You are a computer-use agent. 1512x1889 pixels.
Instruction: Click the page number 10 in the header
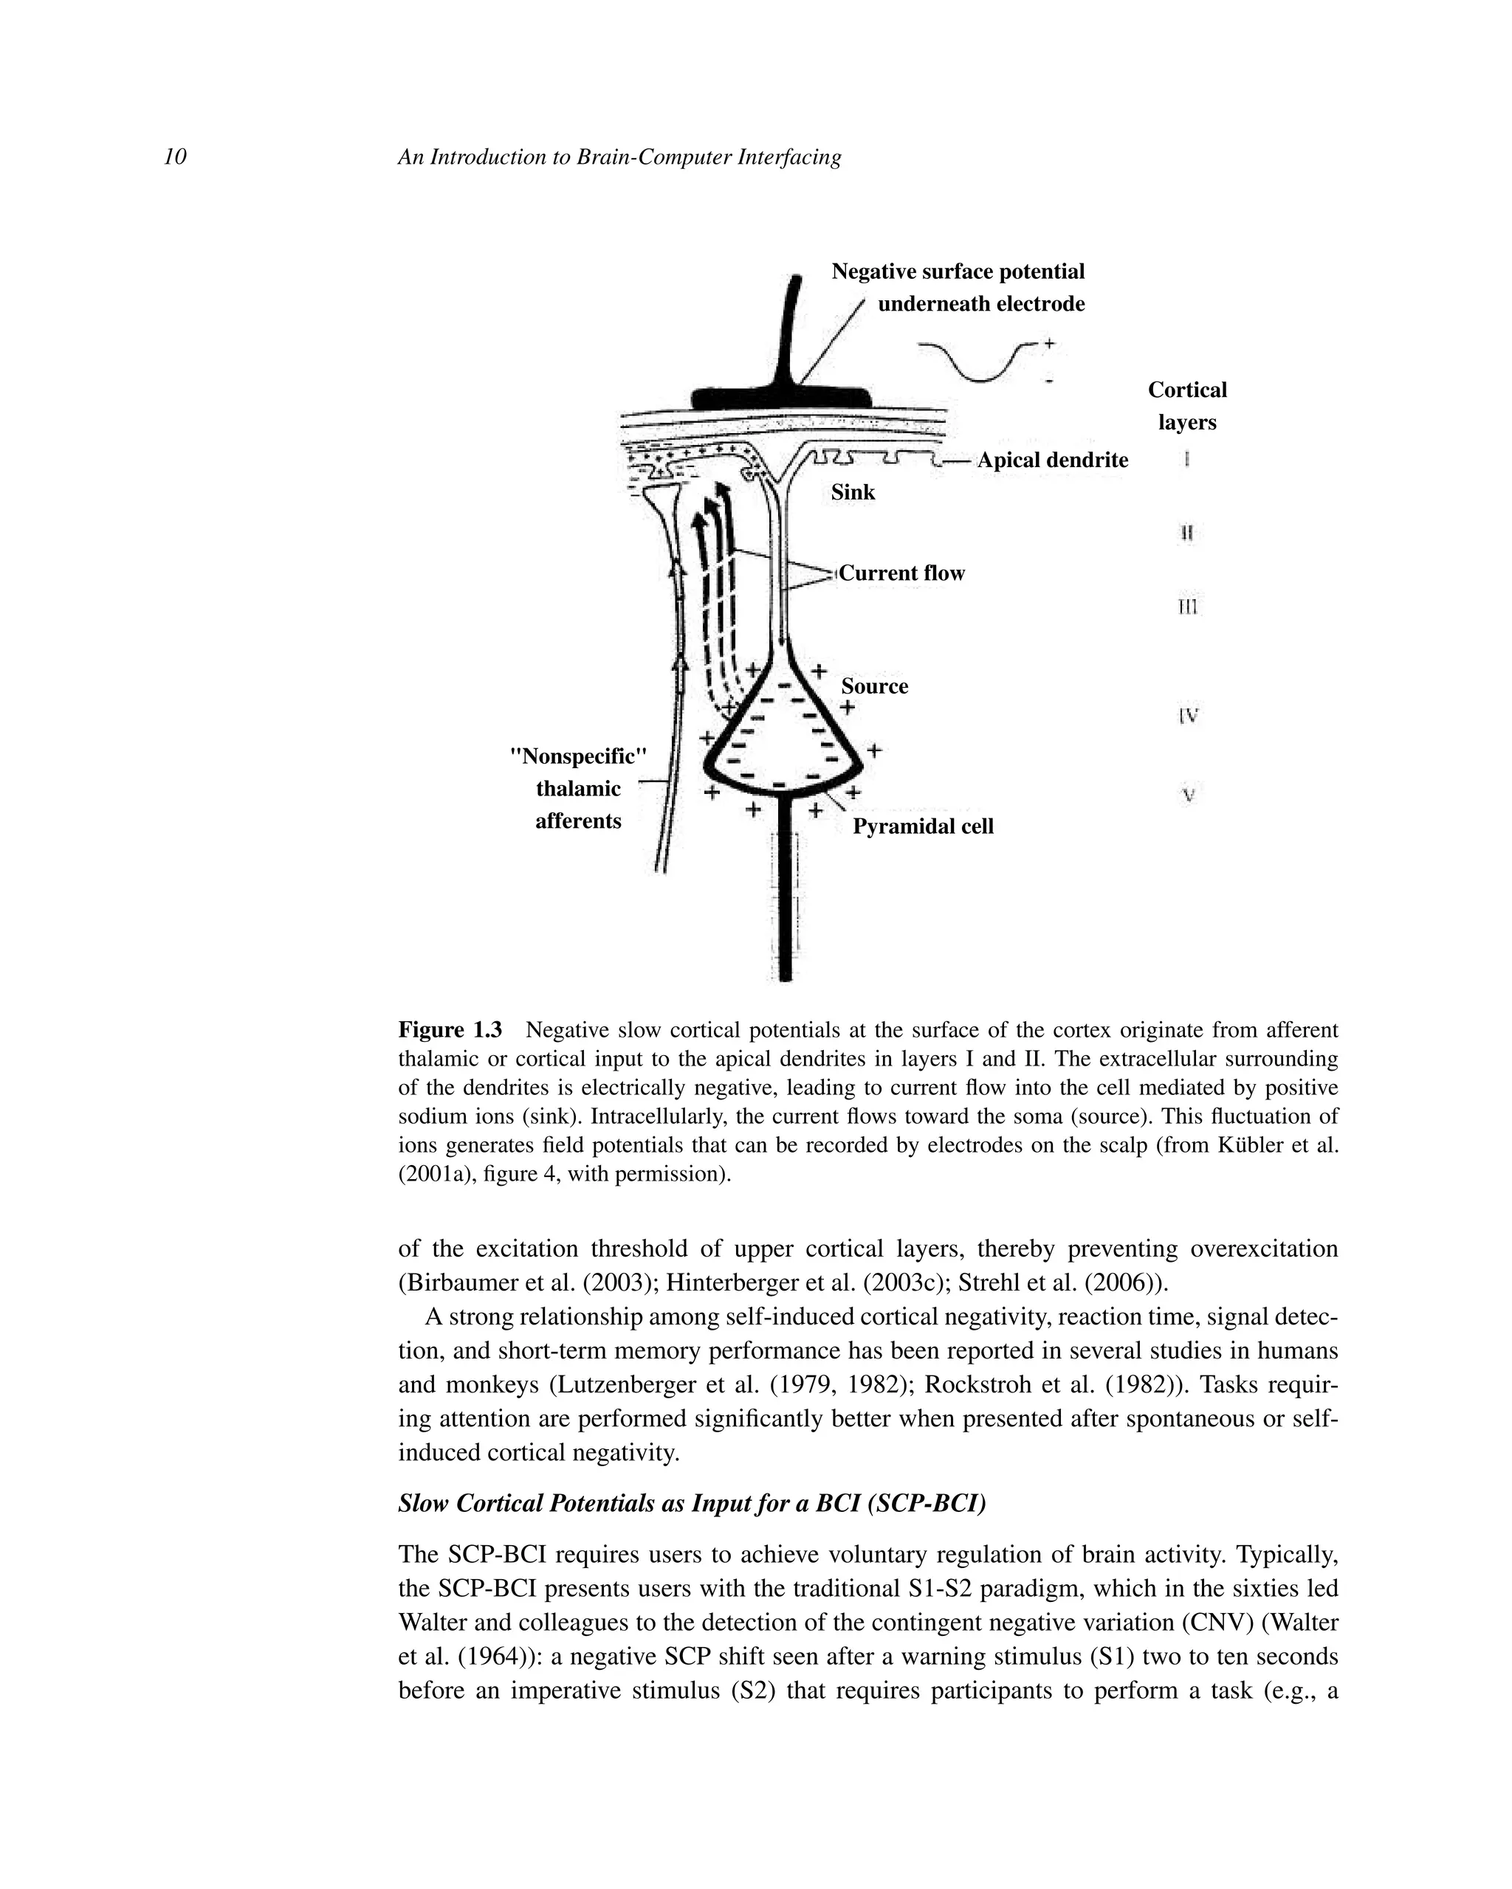pyautogui.click(x=175, y=157)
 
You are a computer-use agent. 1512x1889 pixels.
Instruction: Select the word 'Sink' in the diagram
pyautogui.click(x=853, y=492)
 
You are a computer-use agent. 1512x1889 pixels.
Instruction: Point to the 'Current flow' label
pyautogui.click(x=902, y=573)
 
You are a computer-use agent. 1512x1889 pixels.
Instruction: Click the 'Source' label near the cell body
pyautogui.click(x=875, y=686)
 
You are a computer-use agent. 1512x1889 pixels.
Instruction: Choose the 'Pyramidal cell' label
pyautogui.click(x=923, y=826)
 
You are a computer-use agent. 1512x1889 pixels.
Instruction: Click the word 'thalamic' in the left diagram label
pyautogui.click(x=577, y=789)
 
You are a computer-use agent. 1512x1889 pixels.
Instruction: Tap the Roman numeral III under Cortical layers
pyautogui.click(x=1188, y=607)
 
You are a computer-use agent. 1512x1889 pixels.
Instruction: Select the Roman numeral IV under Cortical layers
pyautogui.click(x=1188, y=716)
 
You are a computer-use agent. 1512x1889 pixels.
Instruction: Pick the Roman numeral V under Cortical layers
pyautogui.click(x=1188, y=795)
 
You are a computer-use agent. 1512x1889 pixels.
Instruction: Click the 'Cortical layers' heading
pyautogui.click(x=1187, y=406)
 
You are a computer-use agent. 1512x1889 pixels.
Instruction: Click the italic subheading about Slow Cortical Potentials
pyautogui.click(x=692, y=1504)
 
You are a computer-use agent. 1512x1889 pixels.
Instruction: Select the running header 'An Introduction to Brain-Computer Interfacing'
pyautogui.click(x=619, y=157)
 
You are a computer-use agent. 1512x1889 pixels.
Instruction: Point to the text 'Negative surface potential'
pyautogui.click(x=958, y=272)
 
